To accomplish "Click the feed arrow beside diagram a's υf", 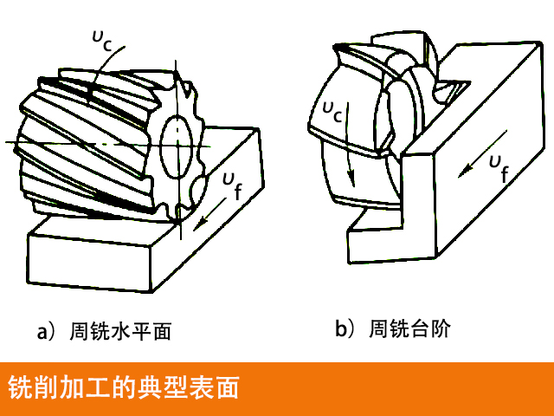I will pos(203,218).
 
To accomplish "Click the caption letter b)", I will pos(345,329).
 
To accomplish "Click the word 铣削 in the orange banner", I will pos(28,388).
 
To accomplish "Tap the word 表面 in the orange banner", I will pos(217,388).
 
